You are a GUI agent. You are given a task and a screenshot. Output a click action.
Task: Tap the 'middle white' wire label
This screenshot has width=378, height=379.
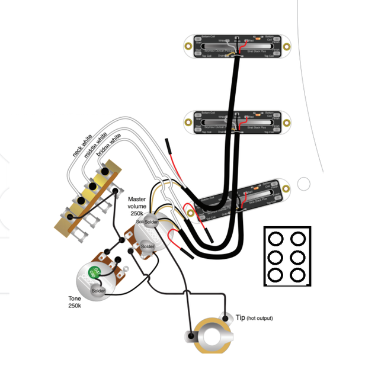coord(95,146)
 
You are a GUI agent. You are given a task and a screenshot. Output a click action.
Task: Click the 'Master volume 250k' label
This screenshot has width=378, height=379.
coord(140,205)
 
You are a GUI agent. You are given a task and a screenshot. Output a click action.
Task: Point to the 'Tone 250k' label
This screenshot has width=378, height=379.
coord(75,302)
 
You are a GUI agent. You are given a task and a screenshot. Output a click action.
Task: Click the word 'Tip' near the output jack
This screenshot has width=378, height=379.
coord(240,318)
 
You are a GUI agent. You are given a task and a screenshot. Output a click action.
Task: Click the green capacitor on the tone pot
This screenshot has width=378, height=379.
coord(94,273)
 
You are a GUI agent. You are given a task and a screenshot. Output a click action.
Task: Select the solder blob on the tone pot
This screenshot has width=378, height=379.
coord(98,291)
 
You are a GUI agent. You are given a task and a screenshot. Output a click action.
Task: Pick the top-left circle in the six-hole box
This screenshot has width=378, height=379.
coord(276,239)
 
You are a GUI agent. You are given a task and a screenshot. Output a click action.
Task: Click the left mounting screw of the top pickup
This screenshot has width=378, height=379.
coord(189,46)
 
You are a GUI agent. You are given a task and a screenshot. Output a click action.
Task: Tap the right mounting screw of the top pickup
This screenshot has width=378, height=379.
coord(287,46)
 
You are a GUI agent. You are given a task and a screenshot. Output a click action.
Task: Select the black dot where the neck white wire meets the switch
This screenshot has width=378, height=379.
coord(105,172)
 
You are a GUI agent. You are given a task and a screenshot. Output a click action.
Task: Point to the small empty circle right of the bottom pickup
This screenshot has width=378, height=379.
coord(304,184)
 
